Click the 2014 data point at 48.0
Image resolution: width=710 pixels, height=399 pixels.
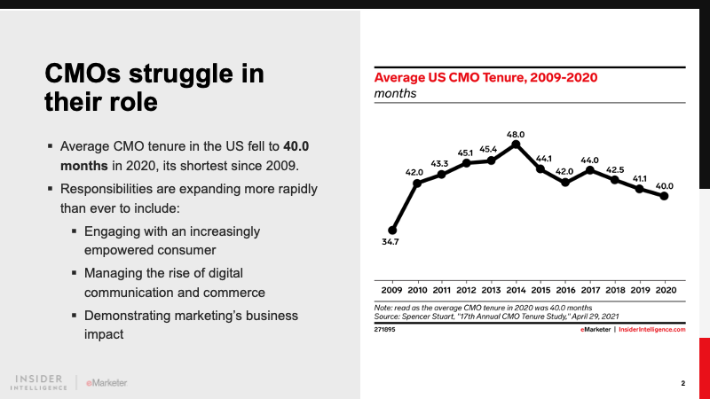click(516, 144)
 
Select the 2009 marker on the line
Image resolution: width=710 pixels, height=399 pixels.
click(392, 230)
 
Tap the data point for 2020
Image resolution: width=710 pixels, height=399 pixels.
click(664, 196)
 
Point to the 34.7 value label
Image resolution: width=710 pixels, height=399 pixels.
click(391, 242)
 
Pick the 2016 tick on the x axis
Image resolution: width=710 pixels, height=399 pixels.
click(564, 290)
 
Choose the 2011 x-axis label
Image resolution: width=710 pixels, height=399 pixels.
click(441, 290)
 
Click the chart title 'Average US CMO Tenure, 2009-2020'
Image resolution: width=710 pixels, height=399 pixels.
click(485, 77)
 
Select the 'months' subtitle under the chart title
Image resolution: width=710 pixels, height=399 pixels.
click(394, 93)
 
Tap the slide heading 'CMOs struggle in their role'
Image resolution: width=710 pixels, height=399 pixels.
click(154, 87)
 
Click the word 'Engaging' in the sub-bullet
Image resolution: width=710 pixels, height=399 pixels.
click(113, 231)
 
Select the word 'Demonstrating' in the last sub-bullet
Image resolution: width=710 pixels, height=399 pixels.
click(128, 315)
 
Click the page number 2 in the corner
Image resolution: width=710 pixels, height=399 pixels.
click(683, 384)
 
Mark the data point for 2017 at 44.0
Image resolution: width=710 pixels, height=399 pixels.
click(589, 168)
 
